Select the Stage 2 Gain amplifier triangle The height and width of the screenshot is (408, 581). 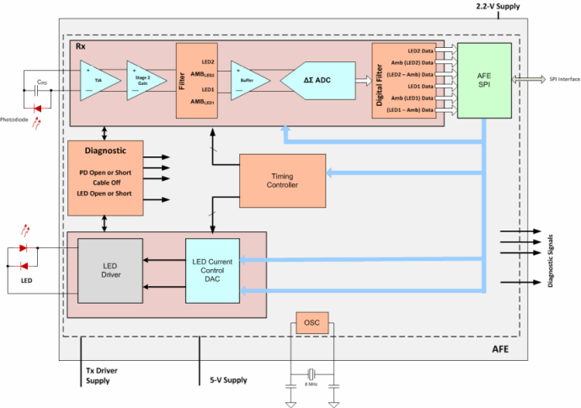(x=146, y=81)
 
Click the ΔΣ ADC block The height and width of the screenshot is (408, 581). (x=317, y=81)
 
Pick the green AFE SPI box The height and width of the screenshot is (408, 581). (x=484, y=80)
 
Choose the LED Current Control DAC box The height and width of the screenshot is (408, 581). (x=213, y=270)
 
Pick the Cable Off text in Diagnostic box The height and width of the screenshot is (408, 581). (x=104, y=183)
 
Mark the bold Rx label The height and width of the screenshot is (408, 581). (x=82, y=47)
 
